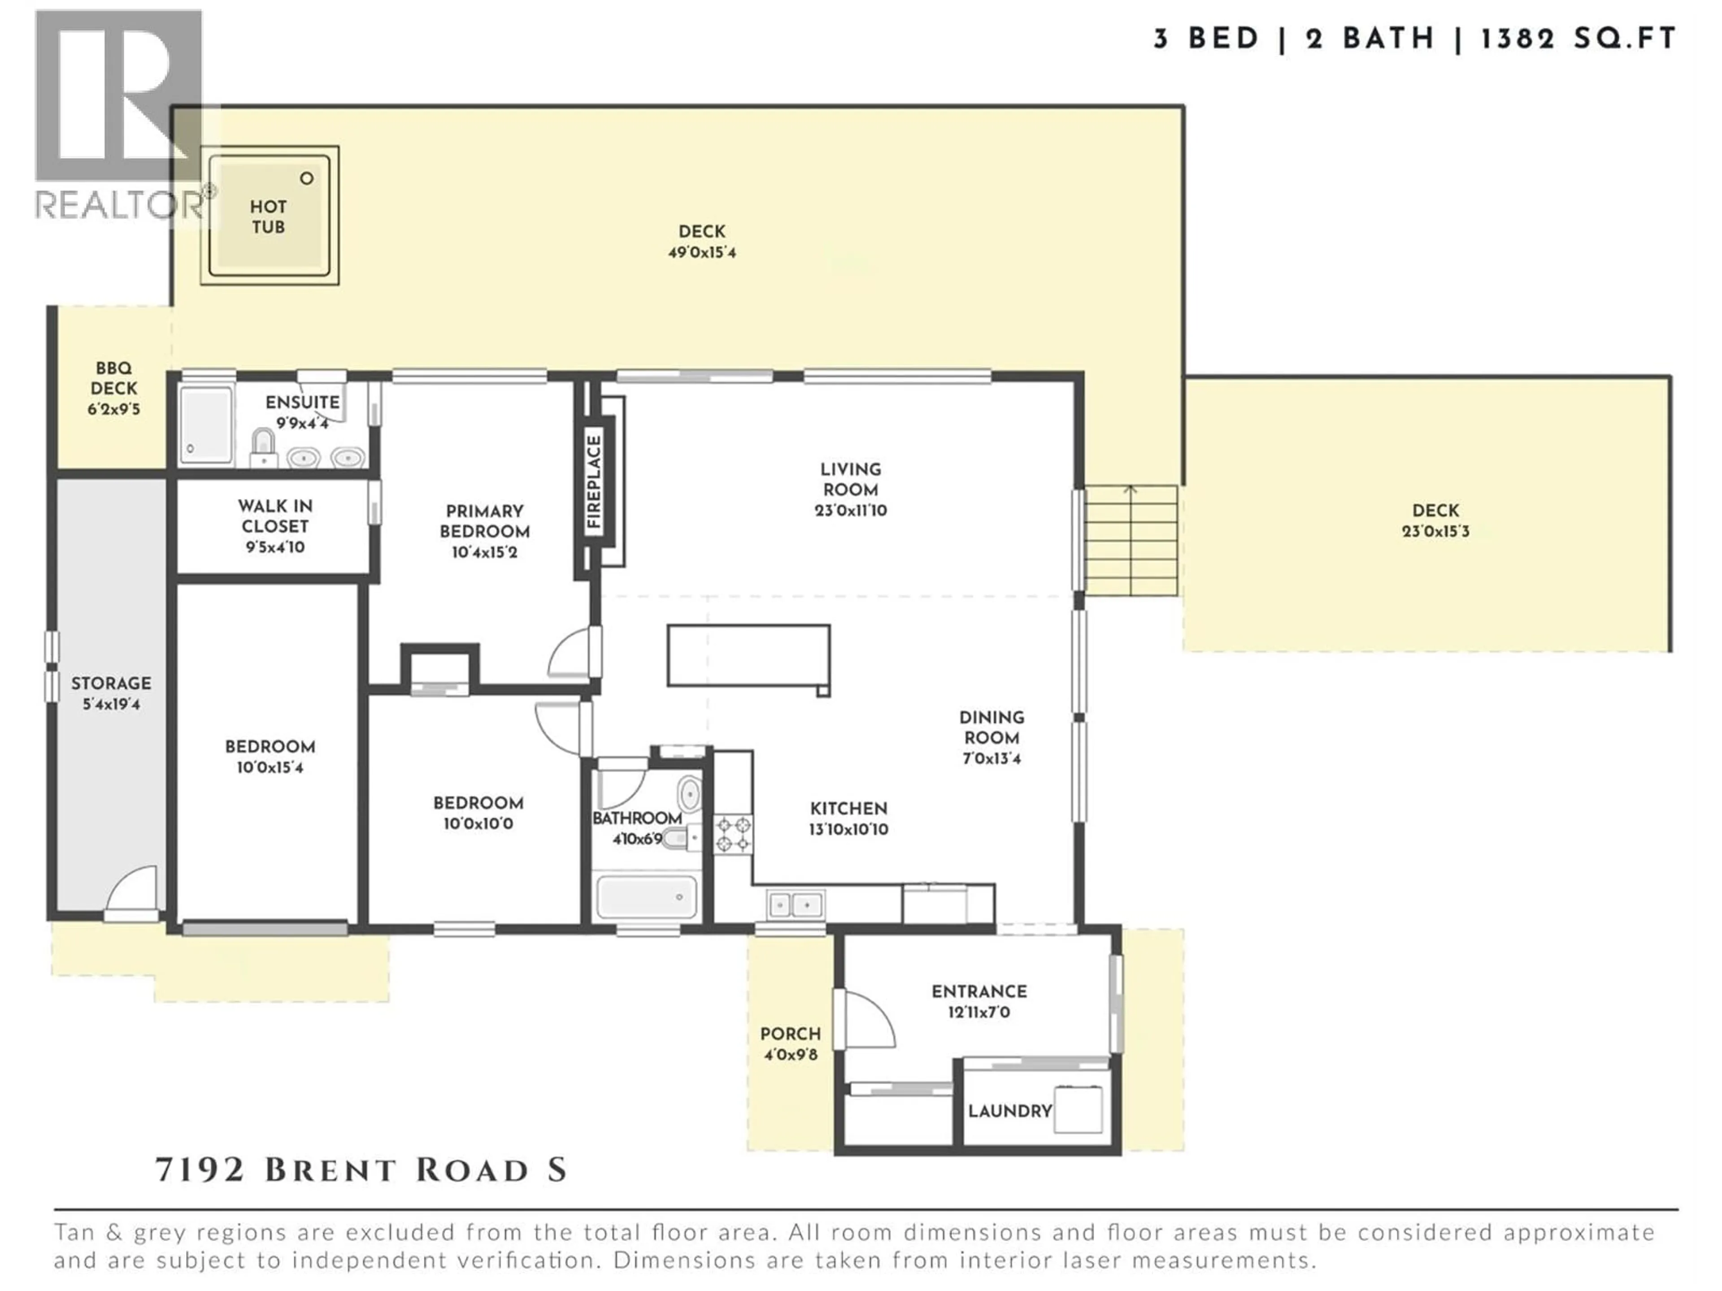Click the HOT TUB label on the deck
click(x=268, y=217)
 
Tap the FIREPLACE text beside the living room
click(x=595, y=482)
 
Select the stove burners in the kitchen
click(x=733, y=833)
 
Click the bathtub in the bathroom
click(x=646, y=897)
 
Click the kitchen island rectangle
click(x=748, y=655)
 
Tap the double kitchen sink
click(x=796, y=904)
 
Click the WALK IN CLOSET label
click(x=275, y=516)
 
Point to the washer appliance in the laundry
click(x=1078, y=1109)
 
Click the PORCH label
click(x=790, y=1034)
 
